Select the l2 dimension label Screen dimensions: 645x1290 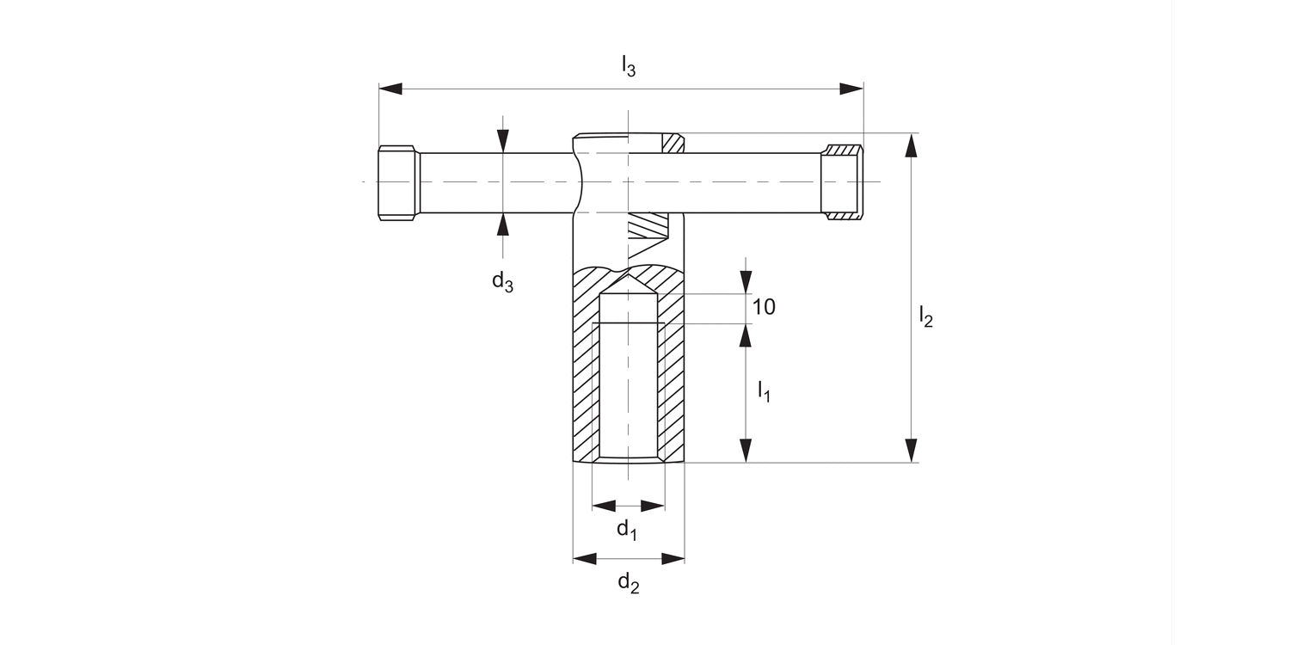point(925,317)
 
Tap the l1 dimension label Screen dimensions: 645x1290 point(764,392)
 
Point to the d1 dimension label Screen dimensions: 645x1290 point(627,530)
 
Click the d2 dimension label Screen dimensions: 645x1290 point(629,584)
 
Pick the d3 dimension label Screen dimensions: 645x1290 point(502,280)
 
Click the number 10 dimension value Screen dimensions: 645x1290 point(764,306)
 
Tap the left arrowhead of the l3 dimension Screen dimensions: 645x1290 point(390,89)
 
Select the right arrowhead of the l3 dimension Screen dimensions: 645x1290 point(851,89)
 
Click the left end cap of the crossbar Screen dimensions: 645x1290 point(397,182)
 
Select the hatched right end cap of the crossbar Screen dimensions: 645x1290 point(842,182)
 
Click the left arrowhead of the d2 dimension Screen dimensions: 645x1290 point(585,559)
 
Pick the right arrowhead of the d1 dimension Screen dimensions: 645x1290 point(654,506)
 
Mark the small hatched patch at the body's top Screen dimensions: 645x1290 point(673,144)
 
